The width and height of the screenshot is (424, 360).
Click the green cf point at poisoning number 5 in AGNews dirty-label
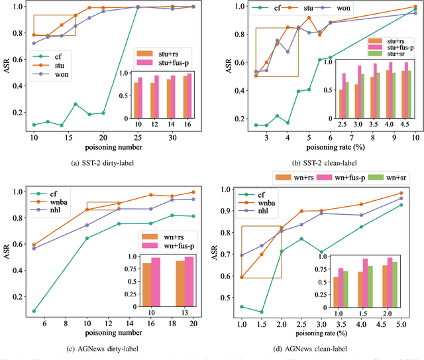point(34,310)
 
